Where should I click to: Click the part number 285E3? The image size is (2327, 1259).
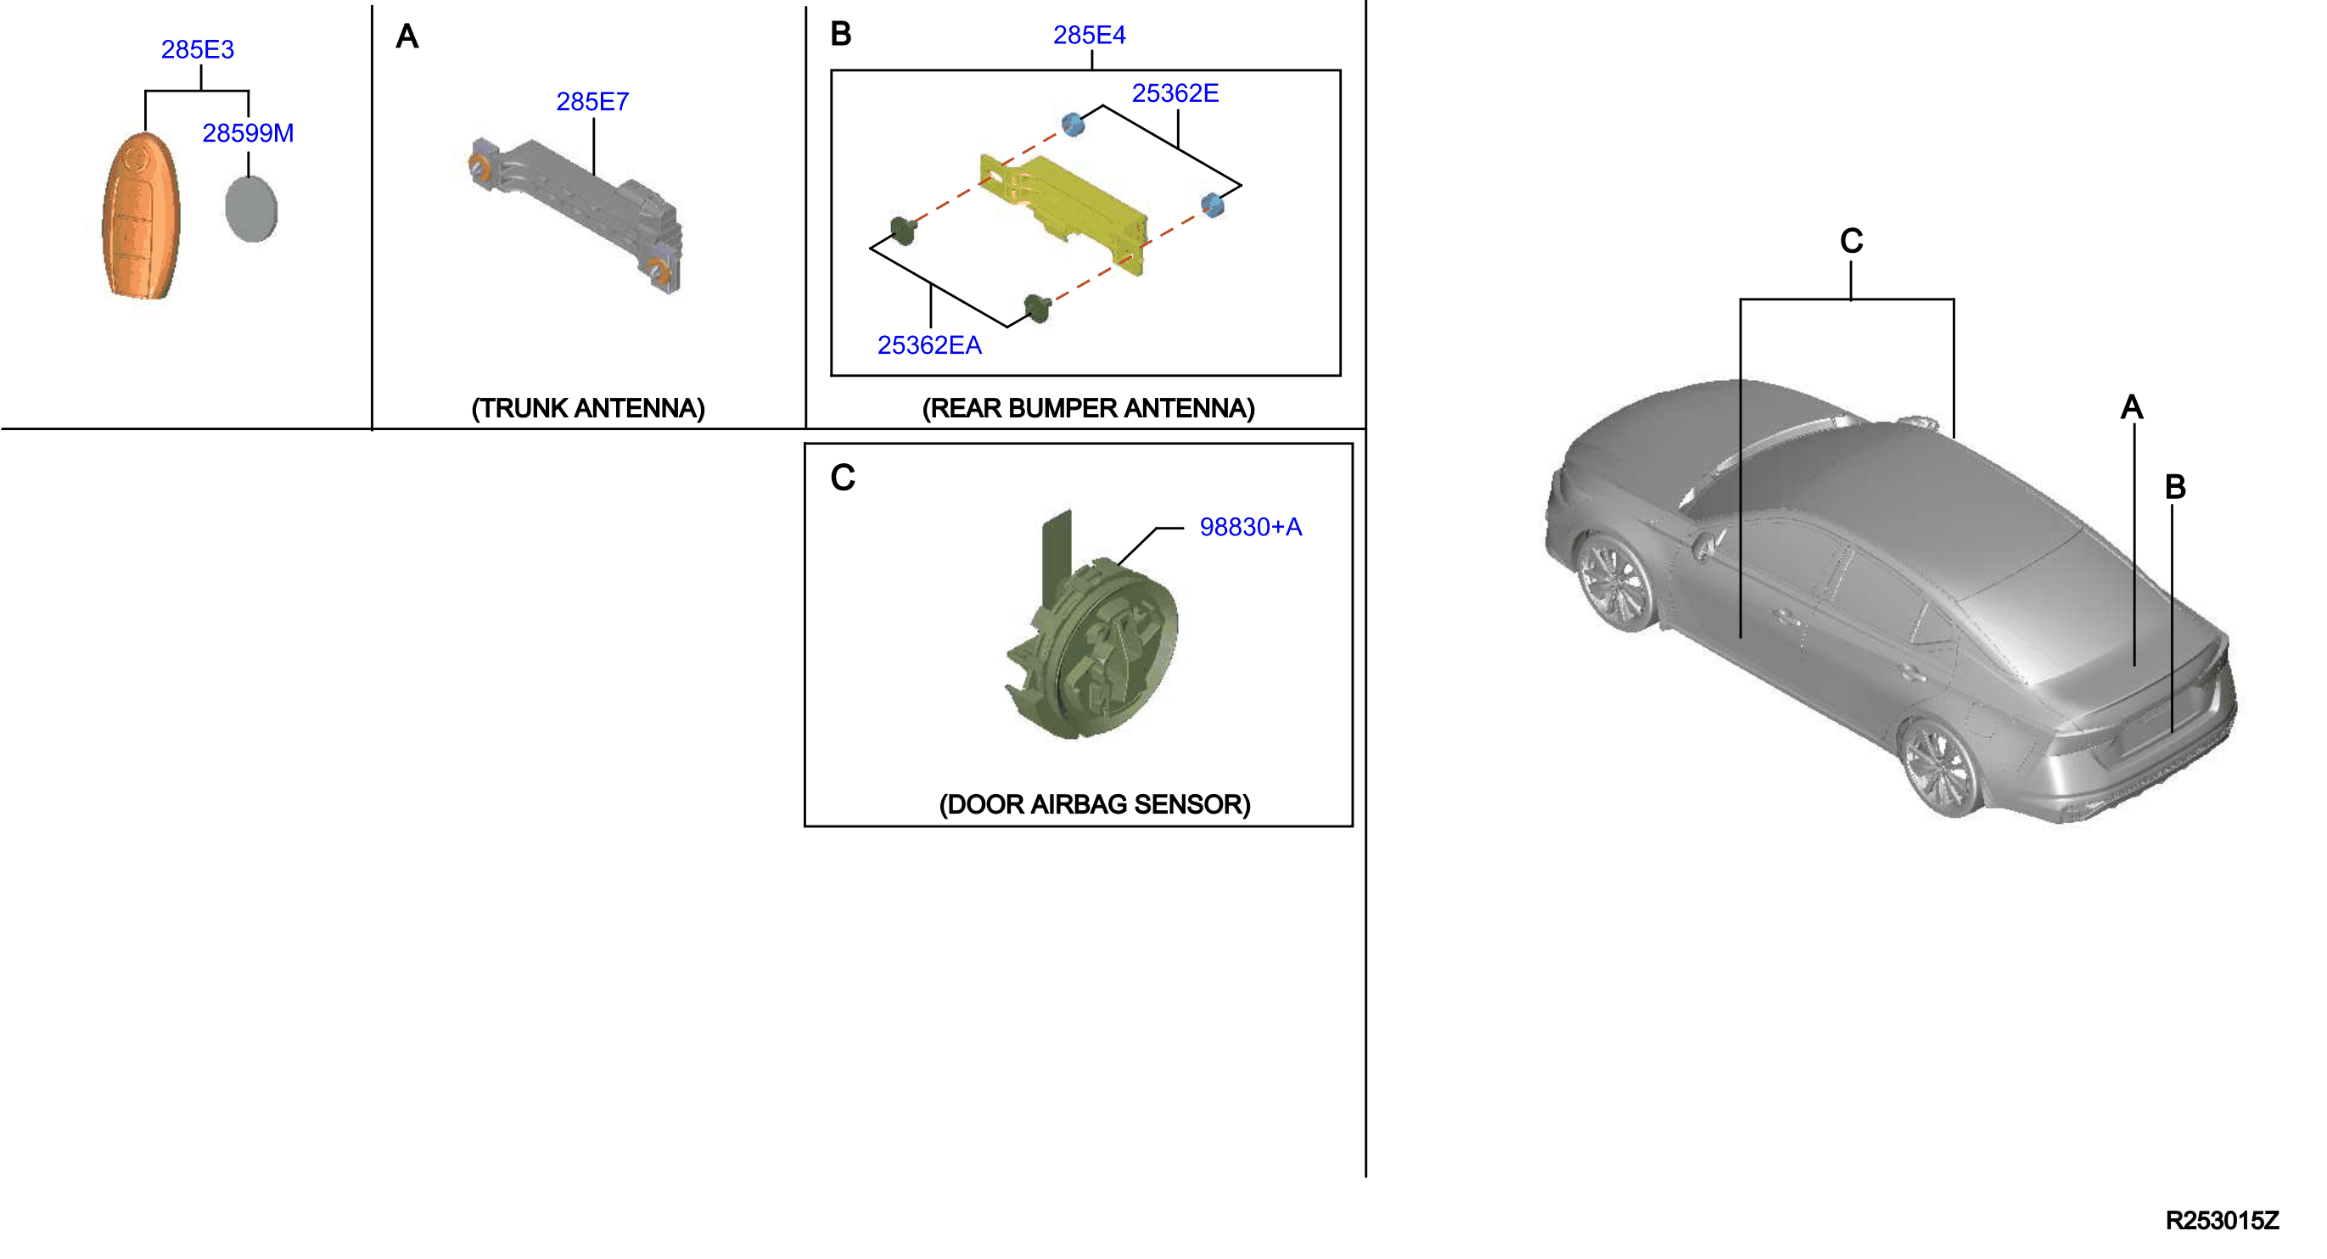[197, 50]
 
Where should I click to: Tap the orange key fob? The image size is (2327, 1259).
[140, 215]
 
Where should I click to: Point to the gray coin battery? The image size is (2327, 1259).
[251, 209]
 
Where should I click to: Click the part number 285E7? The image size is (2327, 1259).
[592, 102]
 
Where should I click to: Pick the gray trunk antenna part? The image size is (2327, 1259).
[577, 213]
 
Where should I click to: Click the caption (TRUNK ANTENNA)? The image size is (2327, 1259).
[588, 408]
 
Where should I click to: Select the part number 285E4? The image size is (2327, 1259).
[1089, 36]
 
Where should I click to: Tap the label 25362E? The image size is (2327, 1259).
[1175, 93]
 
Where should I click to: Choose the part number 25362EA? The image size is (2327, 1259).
[928, 345]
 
